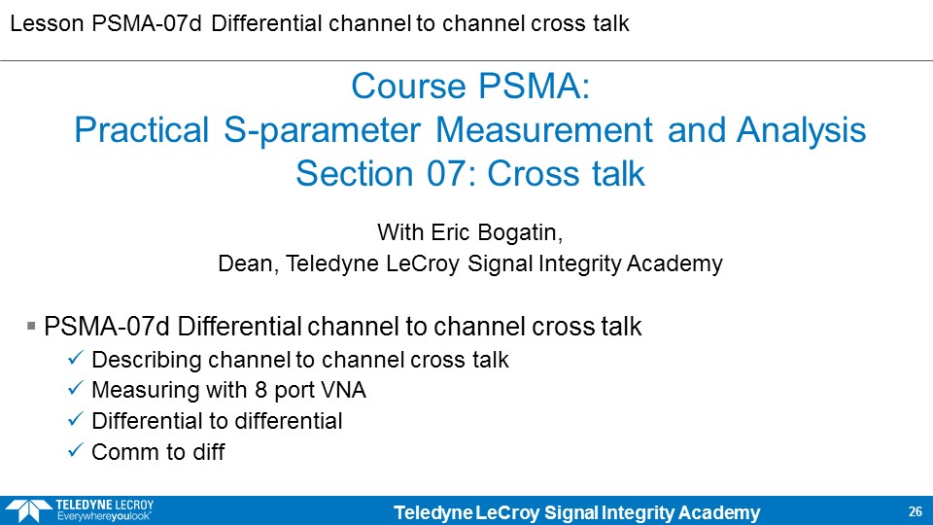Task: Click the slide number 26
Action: (x=916, y=511)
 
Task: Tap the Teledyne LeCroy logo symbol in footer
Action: (x=28, y=510)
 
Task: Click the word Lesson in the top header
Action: (x=47, y=23)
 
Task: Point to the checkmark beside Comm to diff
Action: (x=76, y=450)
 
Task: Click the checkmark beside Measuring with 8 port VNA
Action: (x=76, y=388)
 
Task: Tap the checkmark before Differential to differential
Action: (x=76, y=419)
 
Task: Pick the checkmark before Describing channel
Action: (x=76, y=357)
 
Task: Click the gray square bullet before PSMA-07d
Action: (x=31, y=326)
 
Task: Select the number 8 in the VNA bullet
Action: (x=260, y=390)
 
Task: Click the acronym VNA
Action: (x=343, y=390)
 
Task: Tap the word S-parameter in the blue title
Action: (x=322, y=130)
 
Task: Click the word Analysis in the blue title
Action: (x=802, y=130)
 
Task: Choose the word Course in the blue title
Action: (x=408, y=87)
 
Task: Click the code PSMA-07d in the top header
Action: (x=147, y=23)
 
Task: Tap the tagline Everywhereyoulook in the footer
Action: (x=104, y=516)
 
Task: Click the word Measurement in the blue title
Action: (x=544, y=130)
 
